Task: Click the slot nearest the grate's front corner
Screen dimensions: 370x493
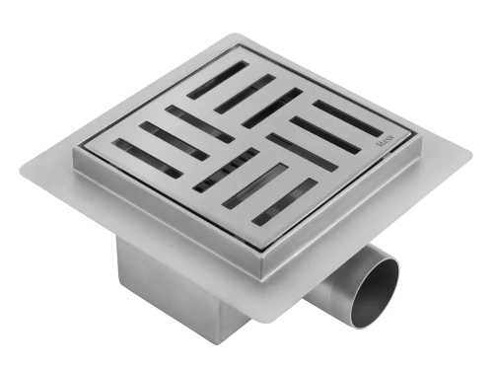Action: (x=285, y=201)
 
